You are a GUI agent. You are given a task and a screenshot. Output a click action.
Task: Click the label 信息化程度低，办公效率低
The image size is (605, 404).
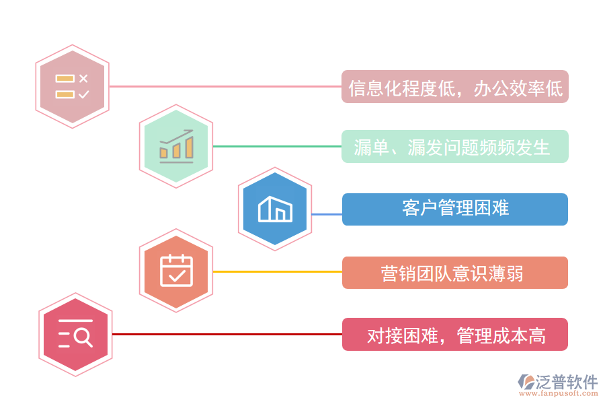coord(455,87)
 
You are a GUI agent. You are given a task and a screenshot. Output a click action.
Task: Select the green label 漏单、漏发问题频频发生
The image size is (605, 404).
coord(455,147)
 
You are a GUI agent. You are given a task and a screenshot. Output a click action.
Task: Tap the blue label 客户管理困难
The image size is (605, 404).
coord(455,209)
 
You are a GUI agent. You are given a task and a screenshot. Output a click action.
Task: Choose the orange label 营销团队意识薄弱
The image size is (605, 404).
coord(455,273)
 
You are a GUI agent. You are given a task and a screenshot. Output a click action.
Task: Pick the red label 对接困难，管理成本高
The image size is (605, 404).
coord(455,335)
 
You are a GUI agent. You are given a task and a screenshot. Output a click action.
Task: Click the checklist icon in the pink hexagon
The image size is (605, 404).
coord(72,86)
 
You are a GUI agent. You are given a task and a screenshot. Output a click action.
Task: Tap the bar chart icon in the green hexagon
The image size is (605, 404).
coord(176,146)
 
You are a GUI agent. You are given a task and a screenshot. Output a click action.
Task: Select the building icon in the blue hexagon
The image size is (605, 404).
coord(275,209)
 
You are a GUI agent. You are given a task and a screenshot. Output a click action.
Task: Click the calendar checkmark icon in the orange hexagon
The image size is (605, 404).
coord(176,271)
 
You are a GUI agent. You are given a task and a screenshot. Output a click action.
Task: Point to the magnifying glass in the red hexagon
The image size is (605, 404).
coord(83,337)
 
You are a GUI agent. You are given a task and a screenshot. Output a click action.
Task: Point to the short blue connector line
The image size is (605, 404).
coord(327,214)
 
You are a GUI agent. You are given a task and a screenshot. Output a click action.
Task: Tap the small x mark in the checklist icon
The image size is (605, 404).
coord(83,78)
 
